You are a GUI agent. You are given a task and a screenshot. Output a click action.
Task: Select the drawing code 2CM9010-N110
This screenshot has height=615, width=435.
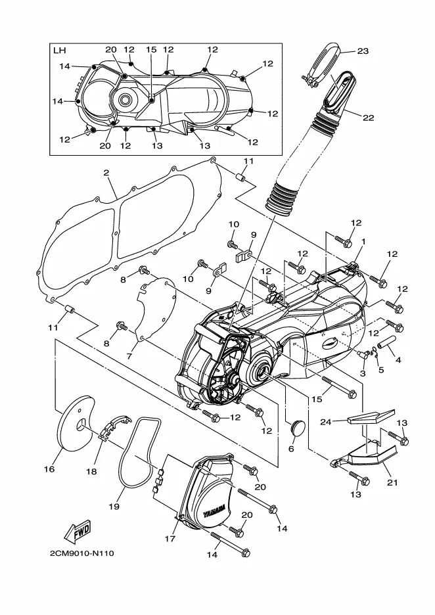click(x=81, y=553)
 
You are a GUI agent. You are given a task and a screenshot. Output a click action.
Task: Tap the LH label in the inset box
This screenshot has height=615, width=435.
click(x=59, y=51)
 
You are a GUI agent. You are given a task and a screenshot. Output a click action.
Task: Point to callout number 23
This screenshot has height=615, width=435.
click(x=363, y=51)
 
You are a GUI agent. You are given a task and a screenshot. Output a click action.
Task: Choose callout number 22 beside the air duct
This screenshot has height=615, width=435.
click(x=368, y=118)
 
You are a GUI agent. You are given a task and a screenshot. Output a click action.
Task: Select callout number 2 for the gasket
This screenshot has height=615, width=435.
click(x=106, y=173)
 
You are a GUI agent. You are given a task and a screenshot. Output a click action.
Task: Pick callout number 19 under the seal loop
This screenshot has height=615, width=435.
click(x=114, y=507)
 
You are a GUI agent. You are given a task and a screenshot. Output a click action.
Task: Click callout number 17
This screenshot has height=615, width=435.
click(x=170, y=539)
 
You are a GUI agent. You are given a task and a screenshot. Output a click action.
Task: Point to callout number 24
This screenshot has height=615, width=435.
click(x=326, y=422)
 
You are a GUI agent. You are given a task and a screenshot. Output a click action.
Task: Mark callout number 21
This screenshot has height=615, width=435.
click(x=392, y=482)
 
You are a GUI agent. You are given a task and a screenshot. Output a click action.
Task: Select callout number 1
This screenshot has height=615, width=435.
click(x=363, y=242)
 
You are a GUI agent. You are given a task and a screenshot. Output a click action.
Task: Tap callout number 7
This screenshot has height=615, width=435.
click(x=129, y=356)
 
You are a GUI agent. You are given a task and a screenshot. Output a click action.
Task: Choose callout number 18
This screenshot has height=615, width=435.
click(x=91, y=471)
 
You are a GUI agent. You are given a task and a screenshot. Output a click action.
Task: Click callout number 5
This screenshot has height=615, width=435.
click(x=381, y=369)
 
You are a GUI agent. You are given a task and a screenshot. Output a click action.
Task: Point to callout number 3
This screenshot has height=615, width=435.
click(x=363, y=373)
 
